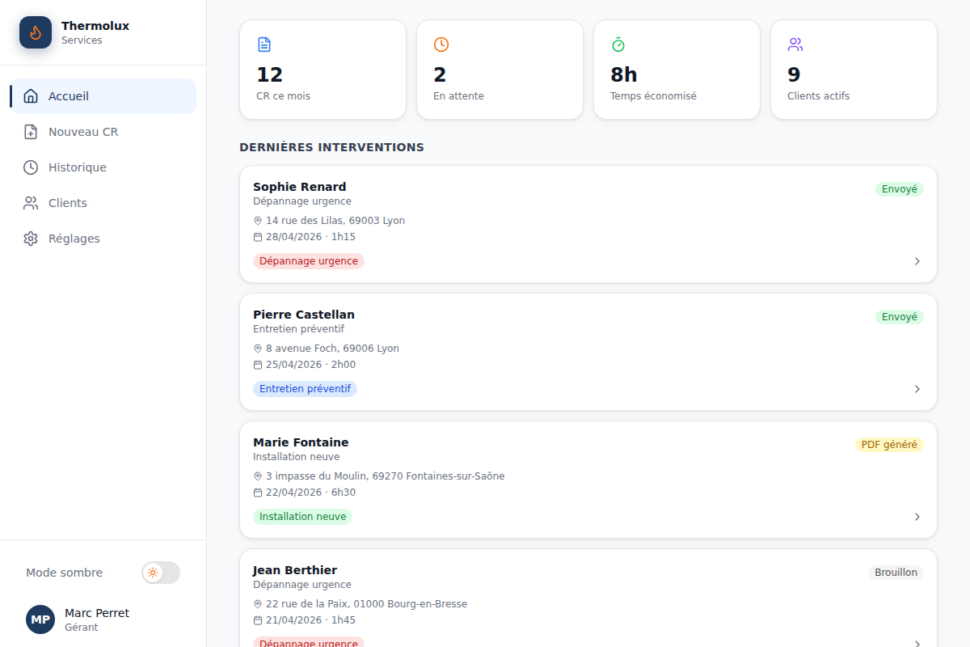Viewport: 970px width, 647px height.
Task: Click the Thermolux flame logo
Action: [36, 32]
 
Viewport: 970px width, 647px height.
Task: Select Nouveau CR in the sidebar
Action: [83, 132]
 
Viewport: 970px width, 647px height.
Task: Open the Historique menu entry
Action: [78, 167]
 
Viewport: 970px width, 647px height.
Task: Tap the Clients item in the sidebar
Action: [68, 203]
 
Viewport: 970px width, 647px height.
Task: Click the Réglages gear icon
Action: [31, 239]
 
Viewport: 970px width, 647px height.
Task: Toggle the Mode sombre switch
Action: [161, 573]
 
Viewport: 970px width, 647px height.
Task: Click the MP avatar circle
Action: [40, 620]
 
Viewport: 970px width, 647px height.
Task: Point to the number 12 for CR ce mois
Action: [269, 74]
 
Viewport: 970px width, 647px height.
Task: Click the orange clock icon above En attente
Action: [441, 44]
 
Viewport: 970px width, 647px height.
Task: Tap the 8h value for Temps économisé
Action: [623, 74]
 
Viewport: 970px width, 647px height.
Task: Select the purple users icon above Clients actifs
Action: [795, 44]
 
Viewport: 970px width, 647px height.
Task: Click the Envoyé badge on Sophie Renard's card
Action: [900, 189]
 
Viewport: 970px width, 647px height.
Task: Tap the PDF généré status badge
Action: [889, 445]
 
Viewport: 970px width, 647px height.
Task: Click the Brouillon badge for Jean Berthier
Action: [896, 573]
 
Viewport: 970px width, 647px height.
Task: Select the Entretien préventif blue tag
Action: [305, 389]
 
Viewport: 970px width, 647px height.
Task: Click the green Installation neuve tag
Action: [302, 517]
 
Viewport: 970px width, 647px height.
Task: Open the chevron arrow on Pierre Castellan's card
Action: [917, 389]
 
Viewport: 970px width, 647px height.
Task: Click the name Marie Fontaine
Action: [301, 442]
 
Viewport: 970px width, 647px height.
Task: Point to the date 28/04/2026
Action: [293, 237]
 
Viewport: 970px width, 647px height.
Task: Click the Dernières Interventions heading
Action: [331, 147]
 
